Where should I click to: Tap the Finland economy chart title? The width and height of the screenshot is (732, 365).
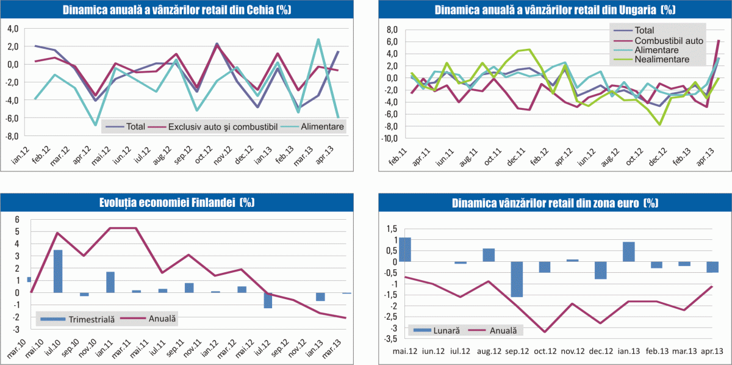177,203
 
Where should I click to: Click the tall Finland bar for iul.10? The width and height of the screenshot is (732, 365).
58,271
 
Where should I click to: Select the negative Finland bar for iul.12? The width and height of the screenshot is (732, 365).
268,300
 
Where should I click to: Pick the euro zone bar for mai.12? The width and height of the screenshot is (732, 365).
404,250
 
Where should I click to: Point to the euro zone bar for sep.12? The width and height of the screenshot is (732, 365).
517,279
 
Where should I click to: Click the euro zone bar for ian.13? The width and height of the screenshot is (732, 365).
629,251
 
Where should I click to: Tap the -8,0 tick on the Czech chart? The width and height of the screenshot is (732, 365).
12,136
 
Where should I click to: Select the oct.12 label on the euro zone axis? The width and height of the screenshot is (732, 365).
545,352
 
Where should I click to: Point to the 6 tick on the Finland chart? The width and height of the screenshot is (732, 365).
18,220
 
